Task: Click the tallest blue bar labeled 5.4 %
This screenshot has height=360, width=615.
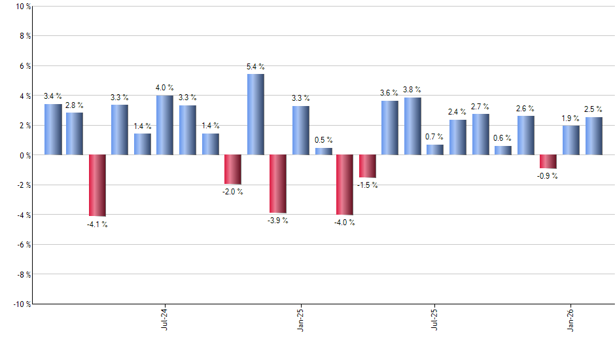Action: coord(255,115)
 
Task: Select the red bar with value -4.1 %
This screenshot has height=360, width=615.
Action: coord(97,185)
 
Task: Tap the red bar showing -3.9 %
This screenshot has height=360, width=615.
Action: coord(278,184)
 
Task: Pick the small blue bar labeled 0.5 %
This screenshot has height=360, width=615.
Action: coord(323,151)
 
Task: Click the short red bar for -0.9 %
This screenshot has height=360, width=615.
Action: coord(548,162)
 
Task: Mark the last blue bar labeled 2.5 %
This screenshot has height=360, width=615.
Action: coord(593,136)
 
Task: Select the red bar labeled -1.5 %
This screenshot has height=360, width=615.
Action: coord(368,166)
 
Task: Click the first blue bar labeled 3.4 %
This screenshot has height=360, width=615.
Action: coord(53,130)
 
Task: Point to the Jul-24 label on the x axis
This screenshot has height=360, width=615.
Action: coord(164,318)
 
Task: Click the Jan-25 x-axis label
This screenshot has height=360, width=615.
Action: coord(300,318)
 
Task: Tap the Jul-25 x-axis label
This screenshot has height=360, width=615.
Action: coord(435,318)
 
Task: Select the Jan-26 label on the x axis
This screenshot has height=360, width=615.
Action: coord(571,318)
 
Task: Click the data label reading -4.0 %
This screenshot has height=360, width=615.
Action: coord(344,223)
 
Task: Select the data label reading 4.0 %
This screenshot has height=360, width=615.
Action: coord(164,88)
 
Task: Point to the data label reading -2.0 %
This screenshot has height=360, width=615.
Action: coord(232,192)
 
